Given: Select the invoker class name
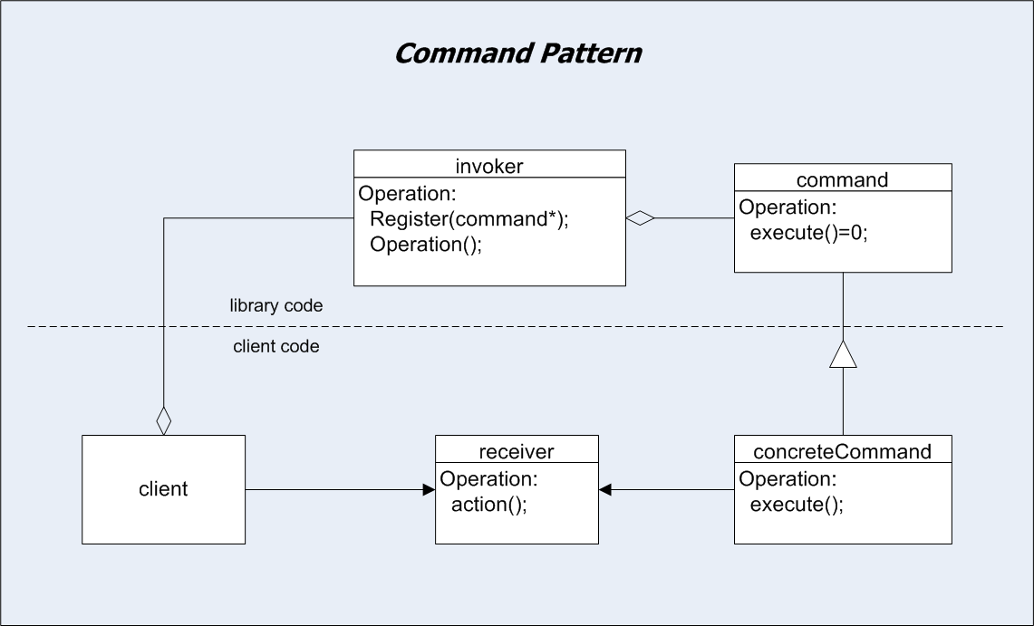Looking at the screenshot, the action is [x=489, y=166].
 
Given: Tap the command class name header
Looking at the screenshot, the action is [x=842, y=180].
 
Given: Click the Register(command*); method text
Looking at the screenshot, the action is [x=469, y=218].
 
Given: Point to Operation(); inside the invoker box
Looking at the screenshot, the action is [x=426, y=245].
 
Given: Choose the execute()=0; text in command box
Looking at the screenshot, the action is [x=809, y=233].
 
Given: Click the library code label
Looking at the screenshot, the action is [x=276, y=305].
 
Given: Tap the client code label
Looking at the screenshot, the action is [x=276, y=347].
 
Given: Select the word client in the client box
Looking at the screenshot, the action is [x=163, y=489].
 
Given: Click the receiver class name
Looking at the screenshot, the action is [x=517, y=451].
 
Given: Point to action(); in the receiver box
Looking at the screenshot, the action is [x=489, y=504].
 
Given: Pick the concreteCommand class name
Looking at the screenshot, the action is [x=842, y=451].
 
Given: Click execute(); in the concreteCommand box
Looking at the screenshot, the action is [x=797, y=504].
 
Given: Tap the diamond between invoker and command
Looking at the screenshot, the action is [x=641, y=218].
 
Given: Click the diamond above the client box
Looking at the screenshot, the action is [x=163, y=420].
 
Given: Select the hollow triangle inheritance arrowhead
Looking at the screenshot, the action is [x=843, y=354].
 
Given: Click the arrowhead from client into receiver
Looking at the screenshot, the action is [x=430, y=489].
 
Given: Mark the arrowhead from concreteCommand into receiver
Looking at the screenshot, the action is [x=604, y=489].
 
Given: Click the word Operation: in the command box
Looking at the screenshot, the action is [x=788, y=207].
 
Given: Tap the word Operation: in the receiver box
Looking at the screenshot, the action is [x=488, y=479].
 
